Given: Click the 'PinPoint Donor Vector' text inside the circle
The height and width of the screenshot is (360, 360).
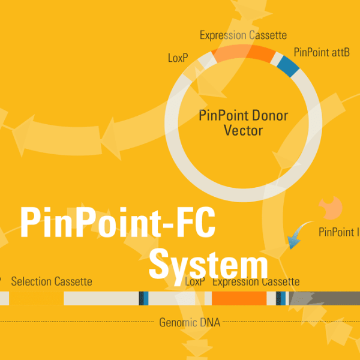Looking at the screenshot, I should click(x=243, y=122).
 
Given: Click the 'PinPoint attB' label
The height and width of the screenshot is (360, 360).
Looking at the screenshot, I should click(x=322, y=52).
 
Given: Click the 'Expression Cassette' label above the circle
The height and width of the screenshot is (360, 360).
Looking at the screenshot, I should click(x=243, y=35).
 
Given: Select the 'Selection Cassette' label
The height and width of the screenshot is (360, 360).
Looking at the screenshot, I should click(x=52, y=281).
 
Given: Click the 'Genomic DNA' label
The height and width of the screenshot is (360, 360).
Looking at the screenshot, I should click(x=190, y=323).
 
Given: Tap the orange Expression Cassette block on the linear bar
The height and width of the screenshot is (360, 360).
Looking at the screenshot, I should click(x=239, y=298).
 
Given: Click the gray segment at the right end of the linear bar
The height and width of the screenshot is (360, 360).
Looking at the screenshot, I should click(x=324, y=298).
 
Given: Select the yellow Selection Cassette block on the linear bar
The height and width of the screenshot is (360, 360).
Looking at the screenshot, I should click(x=36, y=298).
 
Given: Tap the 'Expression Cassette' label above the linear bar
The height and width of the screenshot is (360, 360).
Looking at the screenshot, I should click(x=256, y=281).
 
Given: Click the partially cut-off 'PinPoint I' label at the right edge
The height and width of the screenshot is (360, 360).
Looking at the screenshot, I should click(x=339, y=232).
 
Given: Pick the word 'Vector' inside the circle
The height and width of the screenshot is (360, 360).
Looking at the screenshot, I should click(x=243, y=130).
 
